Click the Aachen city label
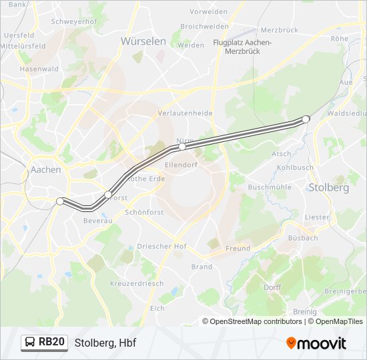[46, 170]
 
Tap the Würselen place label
[143, 41]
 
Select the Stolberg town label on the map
[328, 187]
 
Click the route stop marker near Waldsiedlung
[306, 119]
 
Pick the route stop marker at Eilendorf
[181, 146]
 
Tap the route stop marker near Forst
[108, 194]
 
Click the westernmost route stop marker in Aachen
[60, 201]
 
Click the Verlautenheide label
[185, 113]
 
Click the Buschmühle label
[269, 187]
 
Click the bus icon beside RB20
[29, 343]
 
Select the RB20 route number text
[51, 343]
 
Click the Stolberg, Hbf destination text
[105, 343]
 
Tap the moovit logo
[316, 343]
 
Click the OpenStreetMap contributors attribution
[256, 321]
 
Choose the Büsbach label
[302, 237]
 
